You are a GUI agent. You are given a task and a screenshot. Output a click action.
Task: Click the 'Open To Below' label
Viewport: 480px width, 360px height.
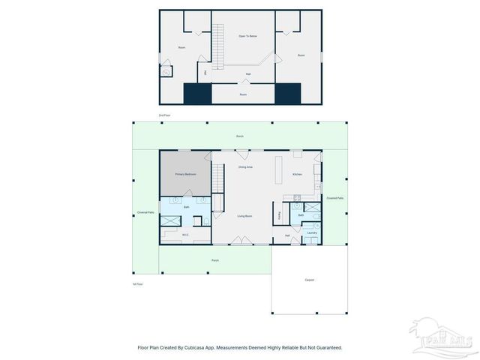tap(247, 36)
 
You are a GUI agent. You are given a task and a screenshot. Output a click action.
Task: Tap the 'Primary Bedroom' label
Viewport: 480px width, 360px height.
tap(185, 174)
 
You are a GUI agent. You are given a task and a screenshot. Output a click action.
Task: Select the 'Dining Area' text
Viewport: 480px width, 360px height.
tap(244, 166)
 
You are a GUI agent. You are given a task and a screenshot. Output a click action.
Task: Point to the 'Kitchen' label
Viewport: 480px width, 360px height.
tap(297, 175)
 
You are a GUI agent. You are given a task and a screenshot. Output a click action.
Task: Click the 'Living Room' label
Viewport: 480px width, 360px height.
tap(244, 215)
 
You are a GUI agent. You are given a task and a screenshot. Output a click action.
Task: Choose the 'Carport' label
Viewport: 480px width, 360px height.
tap(309, 280)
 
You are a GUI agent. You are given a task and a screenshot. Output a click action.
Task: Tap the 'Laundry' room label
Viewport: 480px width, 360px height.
tap(312, 232)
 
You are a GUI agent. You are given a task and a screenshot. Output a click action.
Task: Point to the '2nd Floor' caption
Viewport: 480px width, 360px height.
tap(164, 115)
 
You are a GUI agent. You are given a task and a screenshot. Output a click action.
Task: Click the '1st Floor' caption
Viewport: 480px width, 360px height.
tap(137, 284)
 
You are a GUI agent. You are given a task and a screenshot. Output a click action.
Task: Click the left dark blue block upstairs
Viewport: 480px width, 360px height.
tap(198, 93)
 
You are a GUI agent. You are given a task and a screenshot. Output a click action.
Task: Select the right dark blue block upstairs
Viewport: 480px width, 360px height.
tap(287, 93)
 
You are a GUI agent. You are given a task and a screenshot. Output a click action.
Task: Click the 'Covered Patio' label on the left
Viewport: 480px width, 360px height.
tap(145, 212)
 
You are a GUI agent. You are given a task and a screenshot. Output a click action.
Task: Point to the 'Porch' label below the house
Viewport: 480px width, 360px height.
tap(215, 260)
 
